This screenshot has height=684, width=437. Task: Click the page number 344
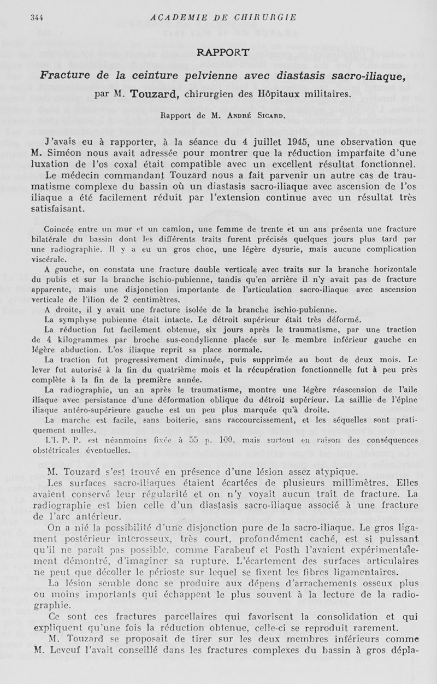37,17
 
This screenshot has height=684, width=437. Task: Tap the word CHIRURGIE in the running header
265,17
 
